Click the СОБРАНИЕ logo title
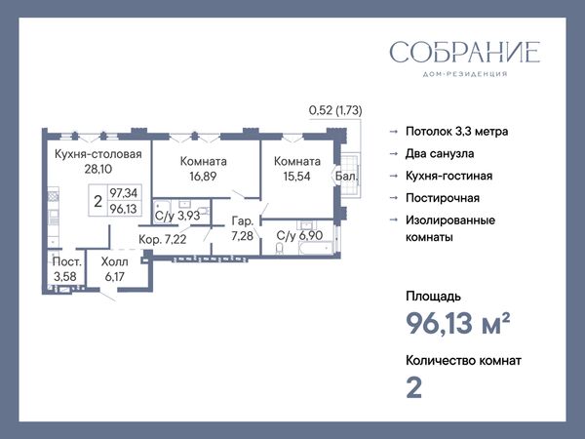tap(465, 52)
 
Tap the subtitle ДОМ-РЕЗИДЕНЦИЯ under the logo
tap(465, 74)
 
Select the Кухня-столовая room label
tap(98, 154)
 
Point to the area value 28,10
tap(98, 169)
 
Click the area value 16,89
tap(203, 177)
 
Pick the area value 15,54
tap(297, 177)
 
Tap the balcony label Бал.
tap(346, 177)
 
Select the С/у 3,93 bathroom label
tap(177, 216)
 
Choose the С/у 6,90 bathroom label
tap(299, 235)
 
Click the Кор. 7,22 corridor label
tap(162, 239)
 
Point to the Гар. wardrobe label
tap(243, 221)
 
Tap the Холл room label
tap(114, 261)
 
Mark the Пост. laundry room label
tap(66, 261)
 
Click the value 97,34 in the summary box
tap(124, 193)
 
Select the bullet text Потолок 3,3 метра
tap(457, 132)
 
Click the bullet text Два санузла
tap(440, 153)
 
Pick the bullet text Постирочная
tap(443, 198)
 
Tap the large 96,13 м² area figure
tap(458, 323)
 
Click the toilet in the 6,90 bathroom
tap(279, 248)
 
